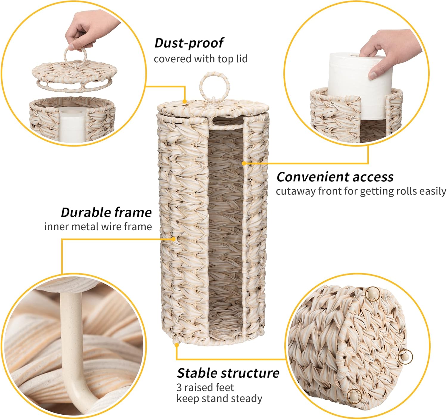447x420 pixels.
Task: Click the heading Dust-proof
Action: pos(189,43)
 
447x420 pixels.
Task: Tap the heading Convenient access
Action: pos(335,177)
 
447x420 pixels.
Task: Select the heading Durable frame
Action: pos(106,212)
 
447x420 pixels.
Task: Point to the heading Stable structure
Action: pos(228,373)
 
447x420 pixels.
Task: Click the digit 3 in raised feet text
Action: pos(179,388)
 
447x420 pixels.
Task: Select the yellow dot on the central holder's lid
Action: pos(185,102)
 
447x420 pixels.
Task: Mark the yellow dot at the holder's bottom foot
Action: pos(177,345)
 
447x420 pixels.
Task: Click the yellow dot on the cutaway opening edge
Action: pos(244,163)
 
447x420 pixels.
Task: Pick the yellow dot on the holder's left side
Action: pos(174,239)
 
